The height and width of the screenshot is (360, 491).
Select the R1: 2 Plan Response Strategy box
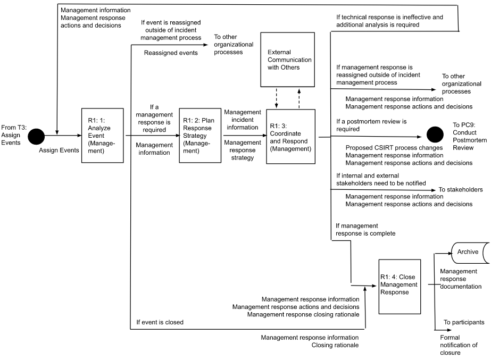point(200,135)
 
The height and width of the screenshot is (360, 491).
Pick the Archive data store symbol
point(469,252)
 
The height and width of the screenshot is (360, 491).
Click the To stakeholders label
point(460,189)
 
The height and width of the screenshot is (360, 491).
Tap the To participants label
point(464,322)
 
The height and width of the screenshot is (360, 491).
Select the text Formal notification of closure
point(459,345)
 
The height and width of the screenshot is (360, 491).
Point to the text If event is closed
point(160,322)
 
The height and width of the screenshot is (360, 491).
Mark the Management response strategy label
point(243,150)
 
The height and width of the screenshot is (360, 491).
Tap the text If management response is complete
point(365,229)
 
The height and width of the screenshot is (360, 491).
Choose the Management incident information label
point(243,120)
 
